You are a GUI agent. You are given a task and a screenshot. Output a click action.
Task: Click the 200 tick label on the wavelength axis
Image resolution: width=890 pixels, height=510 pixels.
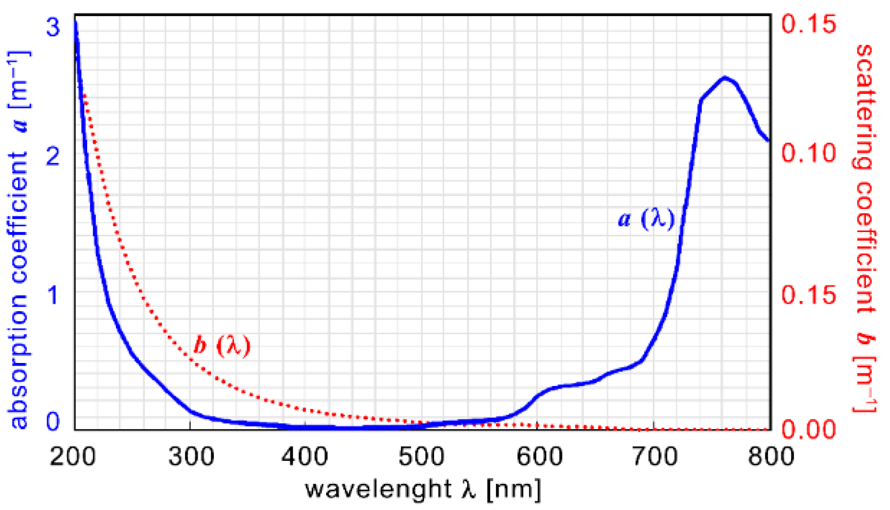tap(73, 457)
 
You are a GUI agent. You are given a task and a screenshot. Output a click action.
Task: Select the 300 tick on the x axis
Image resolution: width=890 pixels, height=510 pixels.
tap(191, 457)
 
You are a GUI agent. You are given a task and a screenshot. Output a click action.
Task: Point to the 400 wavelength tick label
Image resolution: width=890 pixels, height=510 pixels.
tap(305, 457)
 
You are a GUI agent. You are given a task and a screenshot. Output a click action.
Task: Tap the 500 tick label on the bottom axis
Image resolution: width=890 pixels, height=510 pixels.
tap(421, 457)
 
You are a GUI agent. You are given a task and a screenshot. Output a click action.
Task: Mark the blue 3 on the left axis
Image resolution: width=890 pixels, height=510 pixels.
tap(53, 26)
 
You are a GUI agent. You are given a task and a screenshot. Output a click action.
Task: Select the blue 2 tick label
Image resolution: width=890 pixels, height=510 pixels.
tap(52, 157)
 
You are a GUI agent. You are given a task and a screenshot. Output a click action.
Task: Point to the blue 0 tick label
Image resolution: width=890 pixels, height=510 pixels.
tap(52, 422)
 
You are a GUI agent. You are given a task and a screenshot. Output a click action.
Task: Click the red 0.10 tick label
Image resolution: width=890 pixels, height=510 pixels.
tap(809, 153)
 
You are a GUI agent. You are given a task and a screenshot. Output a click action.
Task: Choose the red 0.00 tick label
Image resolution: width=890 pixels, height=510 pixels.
tap(809, 429)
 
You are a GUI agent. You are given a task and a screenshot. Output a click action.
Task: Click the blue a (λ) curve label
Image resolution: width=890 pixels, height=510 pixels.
tap(646, 219)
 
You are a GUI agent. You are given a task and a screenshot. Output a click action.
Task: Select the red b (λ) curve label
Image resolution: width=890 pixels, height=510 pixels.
tap(222, 345)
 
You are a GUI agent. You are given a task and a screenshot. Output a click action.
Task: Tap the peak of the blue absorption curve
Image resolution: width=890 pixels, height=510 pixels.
tap(725, 78)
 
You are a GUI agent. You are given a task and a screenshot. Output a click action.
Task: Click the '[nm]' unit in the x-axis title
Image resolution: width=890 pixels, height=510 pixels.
tap(514, 489)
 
